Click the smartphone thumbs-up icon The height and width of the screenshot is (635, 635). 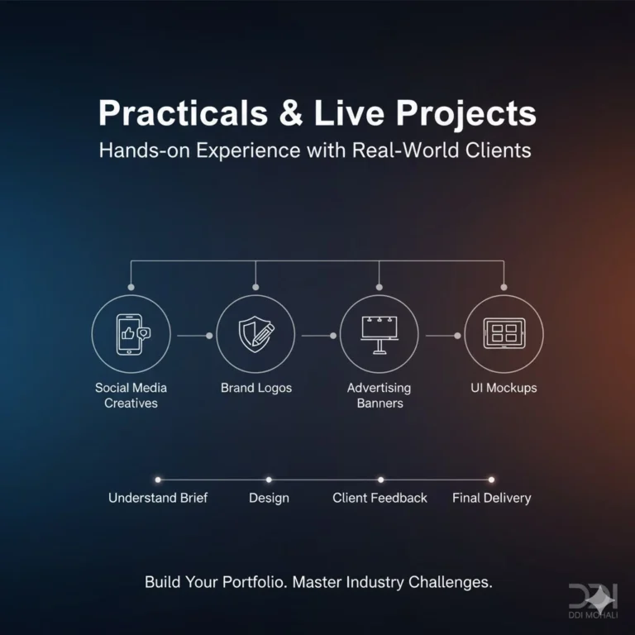tap(131, 334)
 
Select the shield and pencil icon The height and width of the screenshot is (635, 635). tap(255, 334)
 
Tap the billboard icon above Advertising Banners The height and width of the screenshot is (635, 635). tap(379, 334)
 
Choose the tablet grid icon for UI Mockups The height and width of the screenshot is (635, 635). tap(503, 334)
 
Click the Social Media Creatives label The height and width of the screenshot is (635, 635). tap(131, 395)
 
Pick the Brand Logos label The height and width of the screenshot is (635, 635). tap(255, 388)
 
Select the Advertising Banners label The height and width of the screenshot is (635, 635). tap(380, 395)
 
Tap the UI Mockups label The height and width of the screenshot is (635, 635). tap(504, 388)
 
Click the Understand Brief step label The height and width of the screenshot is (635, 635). tap(158, 498)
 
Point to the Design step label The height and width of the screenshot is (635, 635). tap(269, 498)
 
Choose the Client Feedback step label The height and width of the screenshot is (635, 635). tap(380, 498)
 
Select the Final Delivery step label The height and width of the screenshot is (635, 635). tap(491, 498)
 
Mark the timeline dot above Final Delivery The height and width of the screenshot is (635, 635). tap(491, 479)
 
